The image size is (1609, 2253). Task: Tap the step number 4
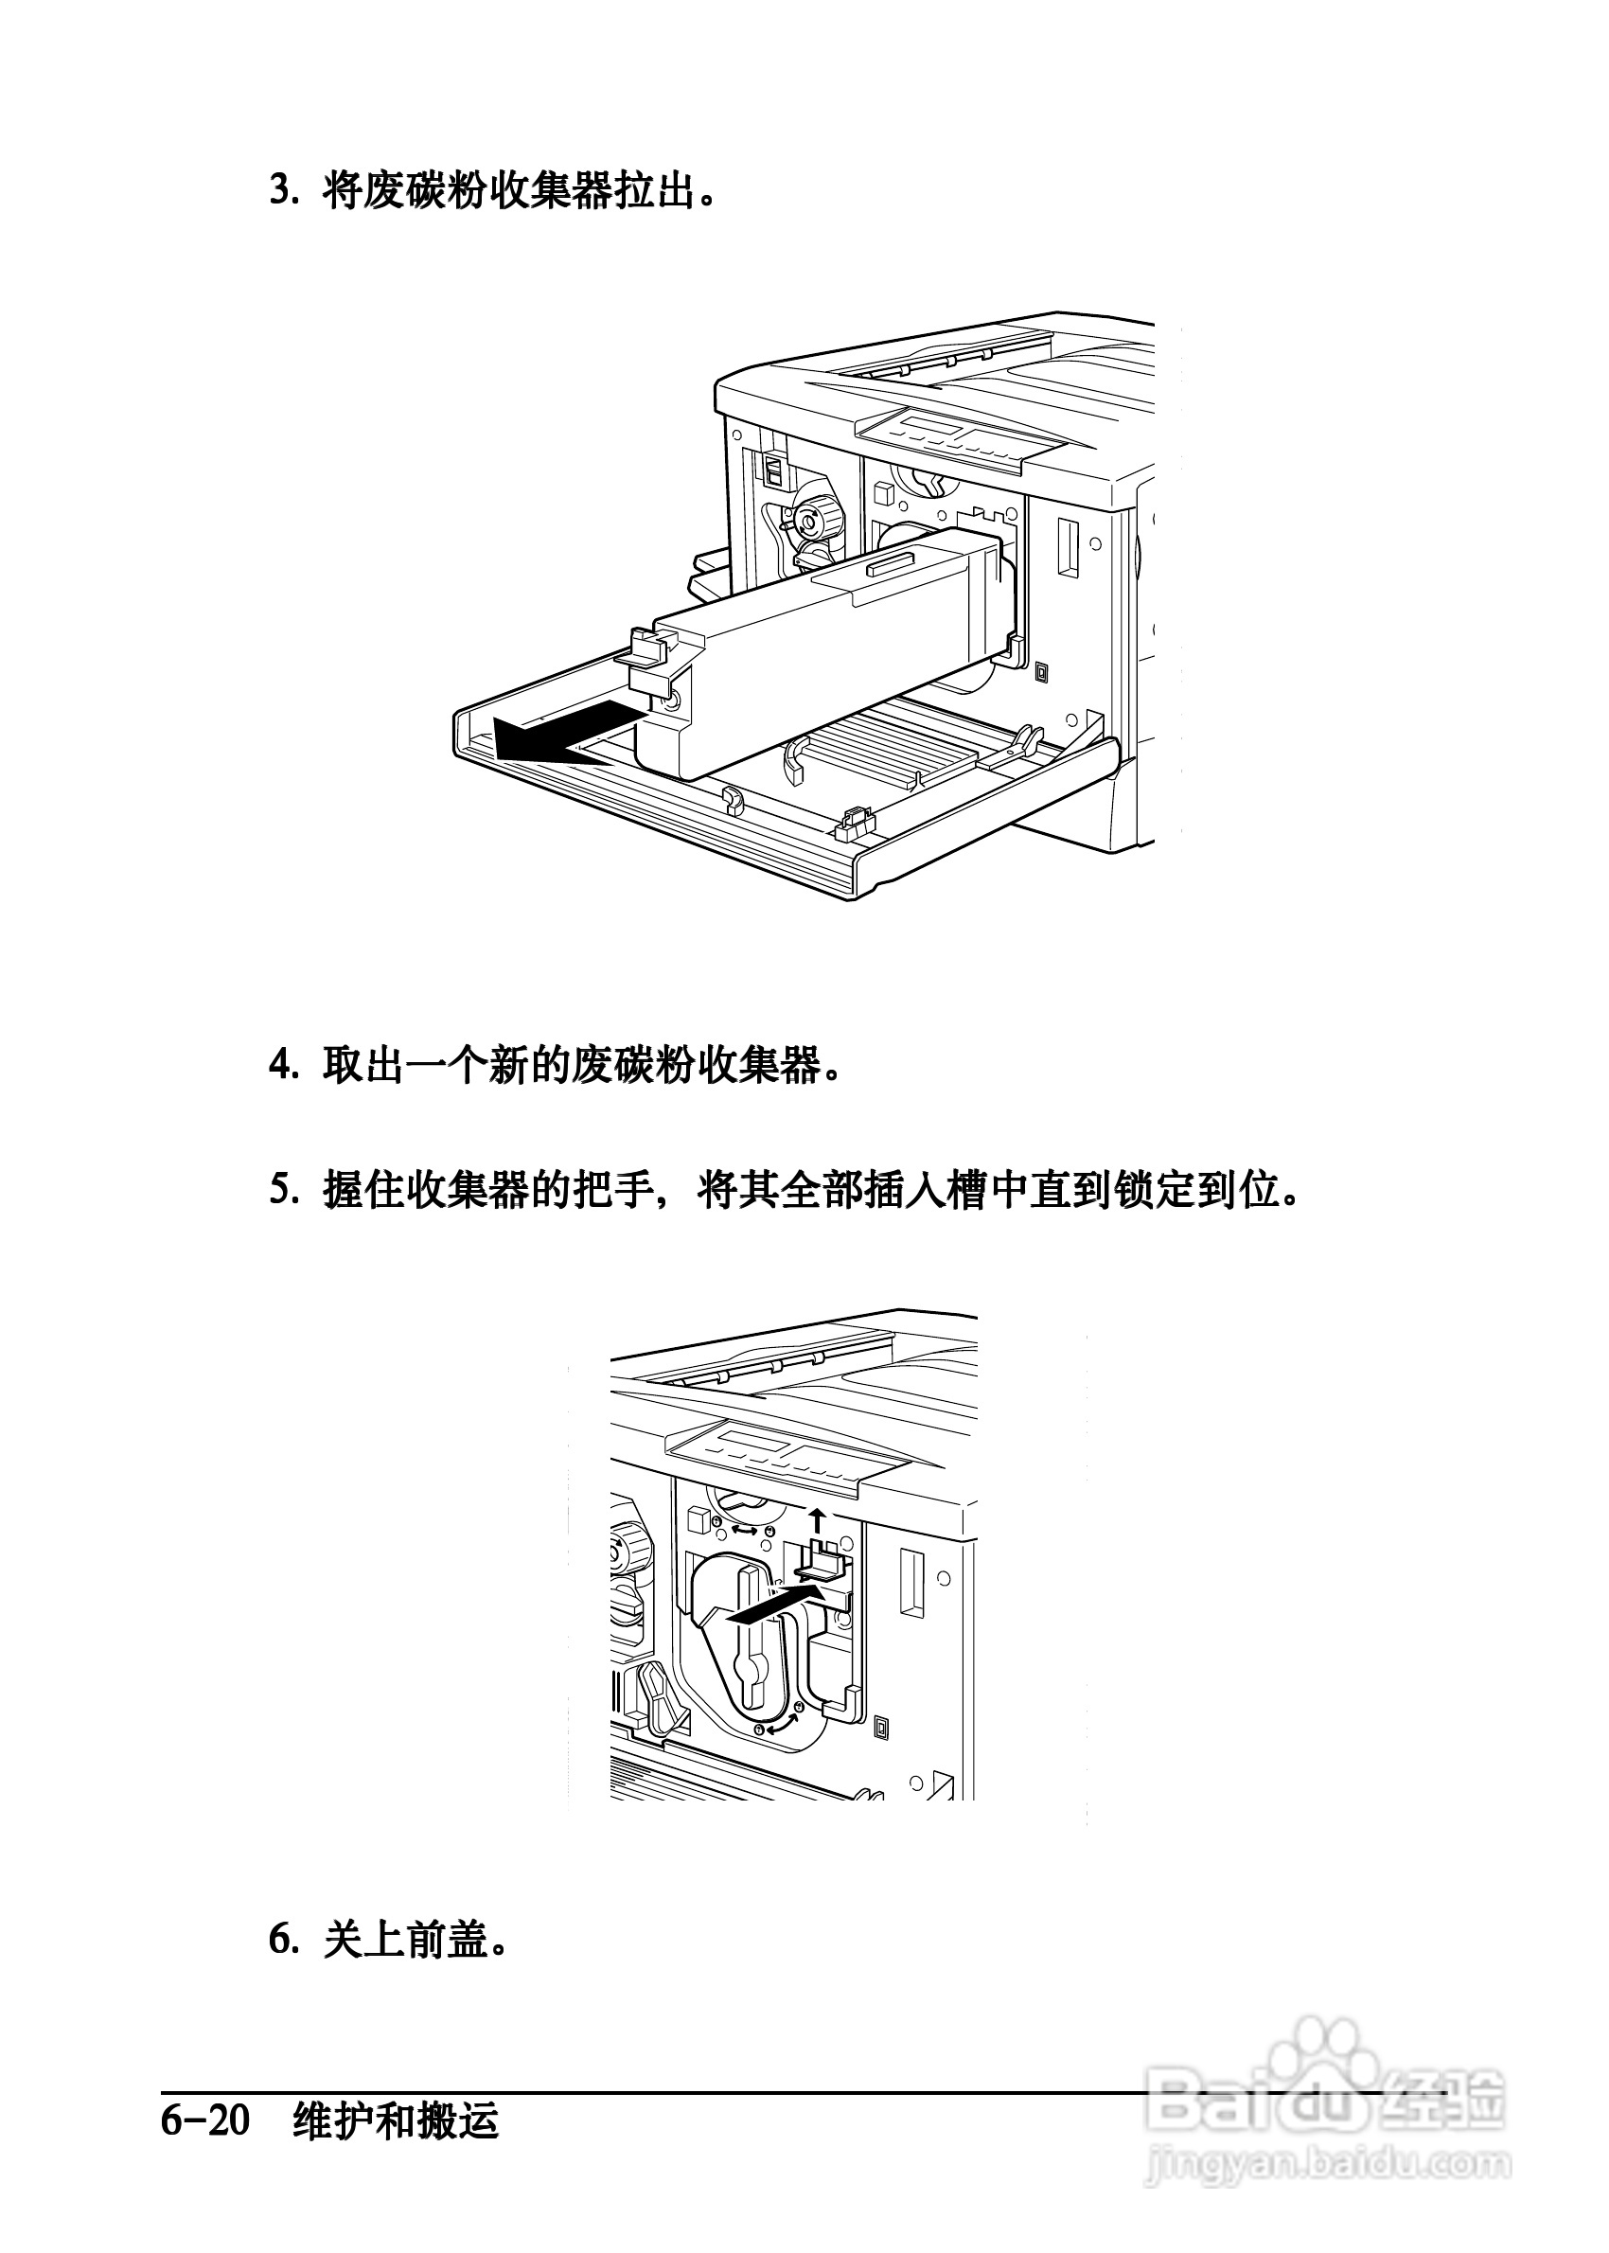[283, 1066]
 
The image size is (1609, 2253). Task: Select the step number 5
[283, 1190]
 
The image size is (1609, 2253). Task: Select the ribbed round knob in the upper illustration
[812, 516]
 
